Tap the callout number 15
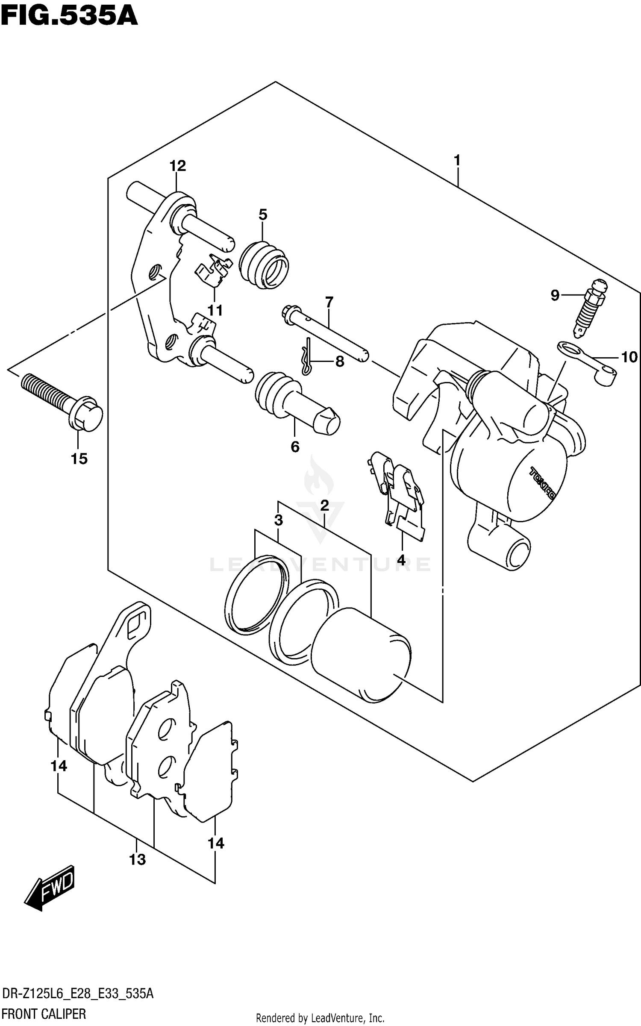[79, 459]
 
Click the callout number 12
[178, 165]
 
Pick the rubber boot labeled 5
[263, 267]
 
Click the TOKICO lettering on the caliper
[543, 483]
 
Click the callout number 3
[278, 520]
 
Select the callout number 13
[137, 859]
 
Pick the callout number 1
[457, 161]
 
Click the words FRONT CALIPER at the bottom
[44, 1013]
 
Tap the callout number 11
[215, 310]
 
